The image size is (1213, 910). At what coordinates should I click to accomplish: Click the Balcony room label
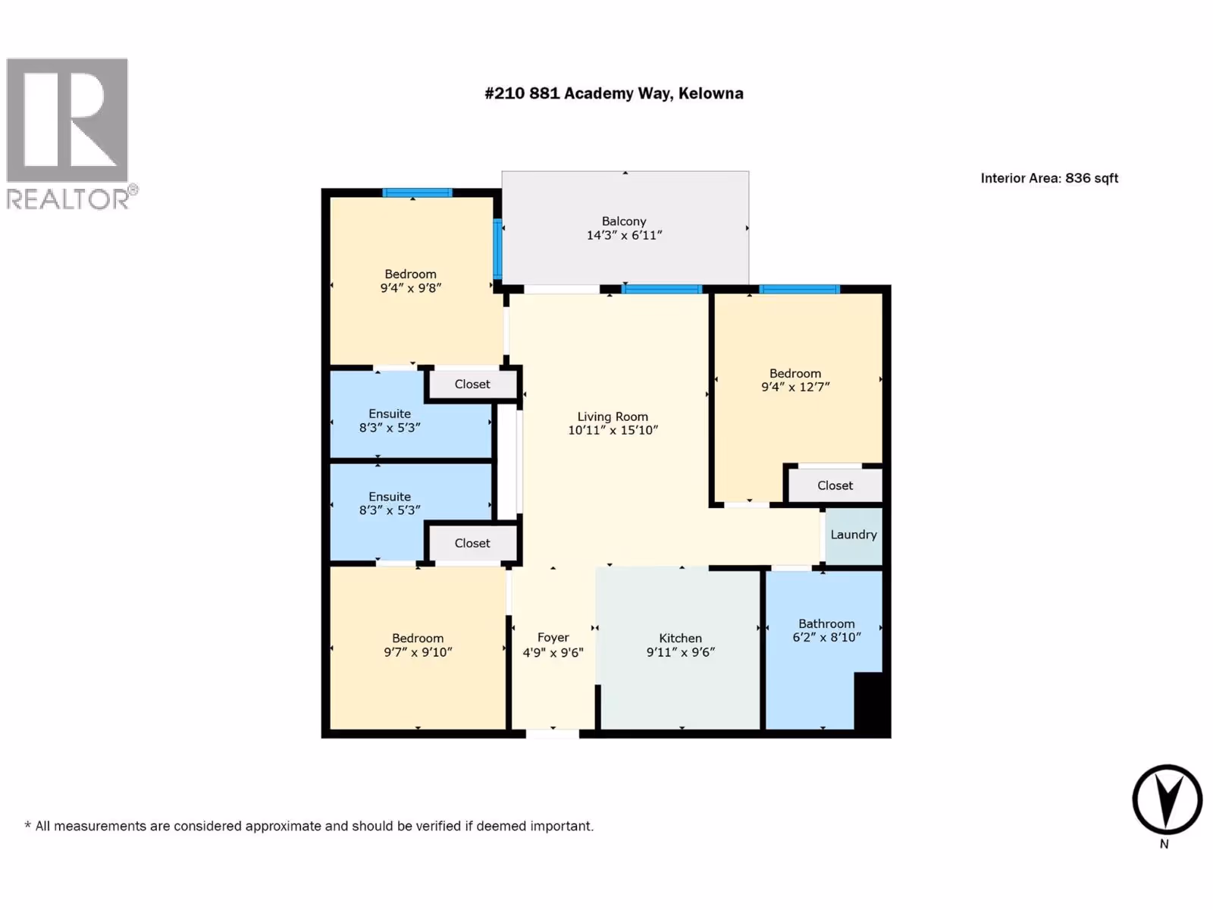tap(624, 221)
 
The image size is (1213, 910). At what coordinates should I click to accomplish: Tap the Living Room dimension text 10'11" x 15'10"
tap(613, 431)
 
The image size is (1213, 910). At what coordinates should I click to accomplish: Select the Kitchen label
tap(680, 639)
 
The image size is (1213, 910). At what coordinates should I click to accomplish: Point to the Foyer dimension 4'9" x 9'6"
tap(553, 652)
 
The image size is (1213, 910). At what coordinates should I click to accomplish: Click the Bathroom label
tap(826, 624)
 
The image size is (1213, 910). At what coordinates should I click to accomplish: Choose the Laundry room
tap(853, 535)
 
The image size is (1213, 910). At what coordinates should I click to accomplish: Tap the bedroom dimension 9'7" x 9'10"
tap(418, 652)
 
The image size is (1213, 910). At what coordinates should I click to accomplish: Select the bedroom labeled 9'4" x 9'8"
tap(411, 281)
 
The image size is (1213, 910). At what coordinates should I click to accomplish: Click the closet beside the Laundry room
tap(835, 485)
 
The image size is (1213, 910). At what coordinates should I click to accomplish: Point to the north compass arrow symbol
tap(1167, 799)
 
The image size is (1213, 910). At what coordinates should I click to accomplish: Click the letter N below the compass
tap(1164, 844)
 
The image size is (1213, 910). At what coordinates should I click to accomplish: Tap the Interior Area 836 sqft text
tap(1049, 178)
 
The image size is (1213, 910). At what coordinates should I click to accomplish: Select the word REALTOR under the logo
tap(68, 199)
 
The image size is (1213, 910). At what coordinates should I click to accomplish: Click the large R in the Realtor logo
tap(67, 119)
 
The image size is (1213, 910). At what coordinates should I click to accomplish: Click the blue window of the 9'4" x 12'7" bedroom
tap(800, 289)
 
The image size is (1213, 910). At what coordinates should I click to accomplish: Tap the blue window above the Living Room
tap(662, 289)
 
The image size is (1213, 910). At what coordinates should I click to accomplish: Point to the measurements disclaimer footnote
tap(309, 827)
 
